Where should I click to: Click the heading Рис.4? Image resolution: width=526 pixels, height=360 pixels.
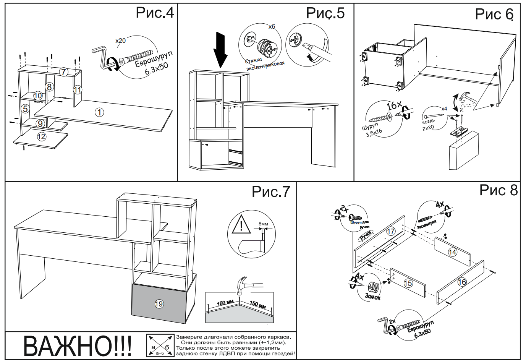pos(155,13)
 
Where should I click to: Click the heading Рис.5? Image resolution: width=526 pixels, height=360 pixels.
pos(325,13)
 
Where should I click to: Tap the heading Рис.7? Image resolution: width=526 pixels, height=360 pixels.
pos(271,191)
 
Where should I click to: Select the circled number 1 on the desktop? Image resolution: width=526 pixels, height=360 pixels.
pos(99,112)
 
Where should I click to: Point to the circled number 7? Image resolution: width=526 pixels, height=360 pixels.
pos(63,71)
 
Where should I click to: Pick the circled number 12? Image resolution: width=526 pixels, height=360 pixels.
pos(41,136)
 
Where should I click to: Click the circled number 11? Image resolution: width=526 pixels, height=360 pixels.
pos(78,90)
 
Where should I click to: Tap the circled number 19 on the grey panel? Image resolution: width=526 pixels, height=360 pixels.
pos(159,304)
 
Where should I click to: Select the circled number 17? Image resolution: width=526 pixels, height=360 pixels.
pos(390,231)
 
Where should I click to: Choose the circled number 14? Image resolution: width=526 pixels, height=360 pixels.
pos(452,252)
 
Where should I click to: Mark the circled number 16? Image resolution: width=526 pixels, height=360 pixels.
pos(462,282)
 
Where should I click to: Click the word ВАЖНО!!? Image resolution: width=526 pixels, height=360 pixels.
pos(78,346)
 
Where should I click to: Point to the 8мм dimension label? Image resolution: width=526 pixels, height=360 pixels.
pos(263,224)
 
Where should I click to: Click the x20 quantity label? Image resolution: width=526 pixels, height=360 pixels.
pos(121,40)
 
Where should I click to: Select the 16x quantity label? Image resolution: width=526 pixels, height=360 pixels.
pos(394,105)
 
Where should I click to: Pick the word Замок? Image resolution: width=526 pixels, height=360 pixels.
pos(372,296)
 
